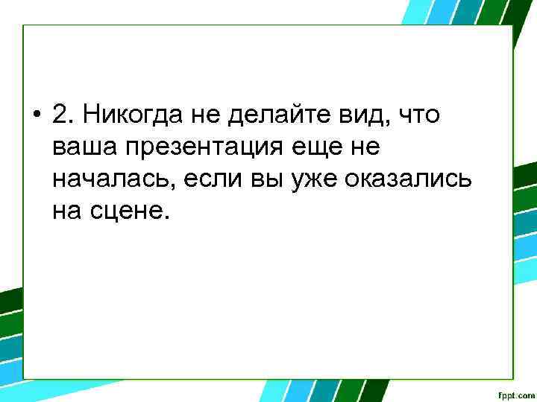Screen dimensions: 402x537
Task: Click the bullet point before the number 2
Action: [36, 115]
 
